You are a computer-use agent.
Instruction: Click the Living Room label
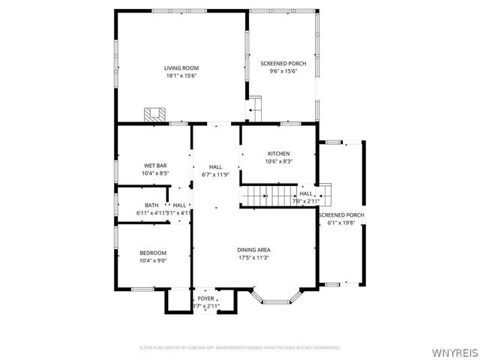(181, 68)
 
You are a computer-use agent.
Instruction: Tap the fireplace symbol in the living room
(155, 115)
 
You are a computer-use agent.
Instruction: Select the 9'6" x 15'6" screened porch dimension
(279, 72)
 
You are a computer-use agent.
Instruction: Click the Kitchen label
(278, 153)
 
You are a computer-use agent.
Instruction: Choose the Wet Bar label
(155, 165)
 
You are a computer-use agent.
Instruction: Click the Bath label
(151, 205)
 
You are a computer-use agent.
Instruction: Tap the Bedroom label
(153, 253)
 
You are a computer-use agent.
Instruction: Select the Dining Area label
(253, 250)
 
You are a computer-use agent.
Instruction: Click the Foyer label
(205, 298)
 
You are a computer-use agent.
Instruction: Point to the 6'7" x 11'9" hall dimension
(215, 174)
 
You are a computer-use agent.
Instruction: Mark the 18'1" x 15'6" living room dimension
(181, 76)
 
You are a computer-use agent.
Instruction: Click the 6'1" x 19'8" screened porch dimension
(341, 223)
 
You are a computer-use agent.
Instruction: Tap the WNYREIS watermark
(456, 350)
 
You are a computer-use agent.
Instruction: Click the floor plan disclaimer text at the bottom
(240, 347)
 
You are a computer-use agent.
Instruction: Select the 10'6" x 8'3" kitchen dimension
(278, 161)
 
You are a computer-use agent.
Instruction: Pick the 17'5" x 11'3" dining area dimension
(253, 258)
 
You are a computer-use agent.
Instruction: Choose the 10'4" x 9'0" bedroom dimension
(153, 260)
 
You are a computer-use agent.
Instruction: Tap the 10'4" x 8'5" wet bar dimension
(155, 173)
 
